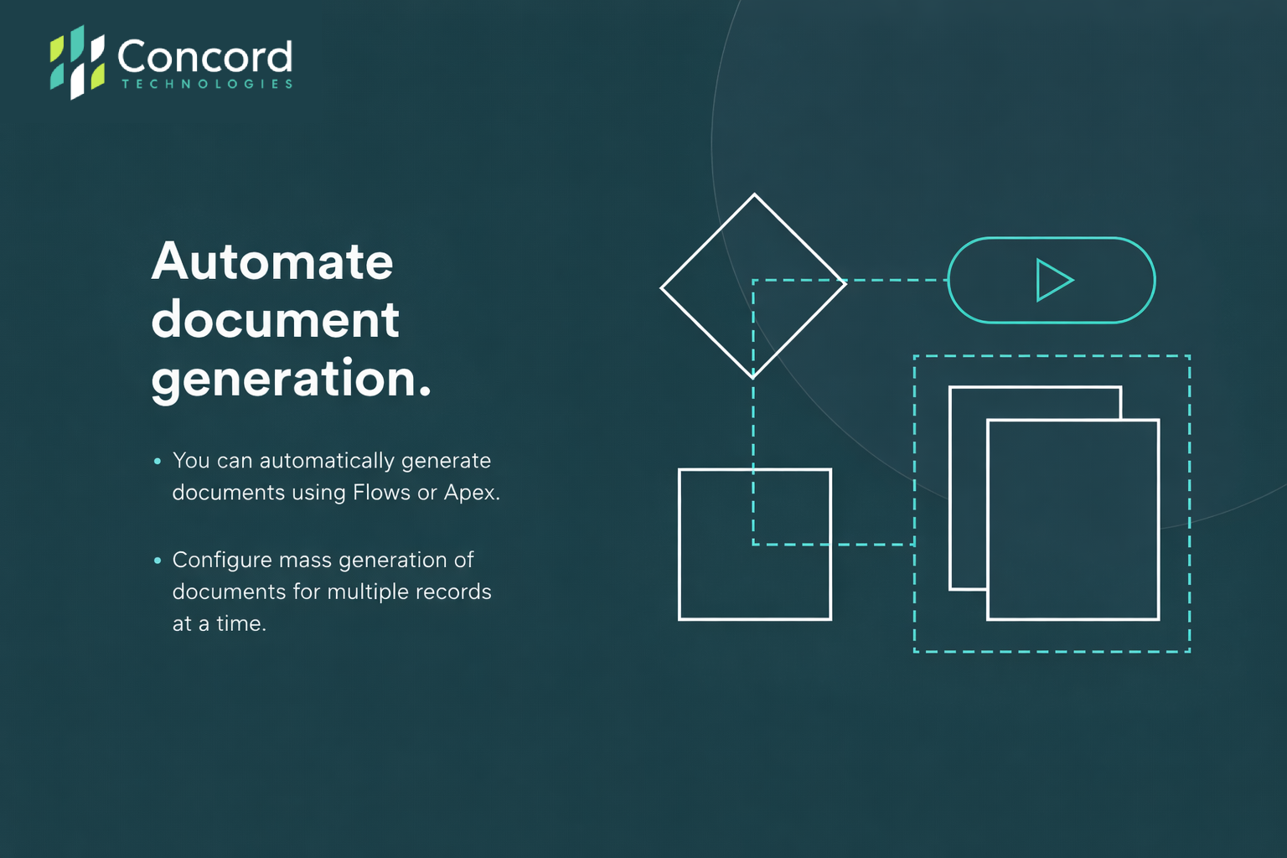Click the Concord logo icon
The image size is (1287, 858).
coord(77,62)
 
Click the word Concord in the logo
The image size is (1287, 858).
coord(205,56)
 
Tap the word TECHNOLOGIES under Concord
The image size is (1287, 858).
coord(207,84)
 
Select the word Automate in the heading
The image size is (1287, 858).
coord(272,261)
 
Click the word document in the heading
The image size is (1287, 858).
coord(275,319)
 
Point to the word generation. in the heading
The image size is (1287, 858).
coord(291,380)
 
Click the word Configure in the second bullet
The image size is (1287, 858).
coord(222,561)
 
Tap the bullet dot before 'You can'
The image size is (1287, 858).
coord(158,461)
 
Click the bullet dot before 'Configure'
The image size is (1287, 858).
coord(158,561)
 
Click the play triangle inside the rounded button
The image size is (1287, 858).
coord(1054,281)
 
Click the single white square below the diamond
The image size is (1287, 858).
coord(680,545)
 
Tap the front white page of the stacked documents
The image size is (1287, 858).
coord(988,520)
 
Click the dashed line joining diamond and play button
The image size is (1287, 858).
coord(897,281)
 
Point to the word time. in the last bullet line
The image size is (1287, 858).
coord(241,624)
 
